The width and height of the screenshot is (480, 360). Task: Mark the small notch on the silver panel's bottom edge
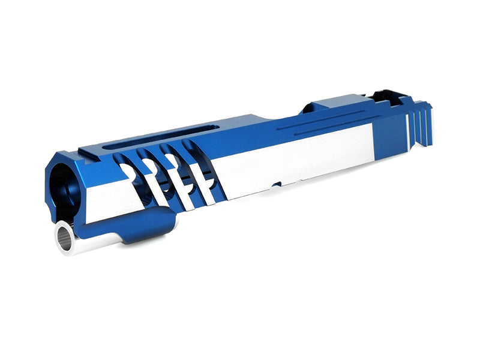coord(276,184)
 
